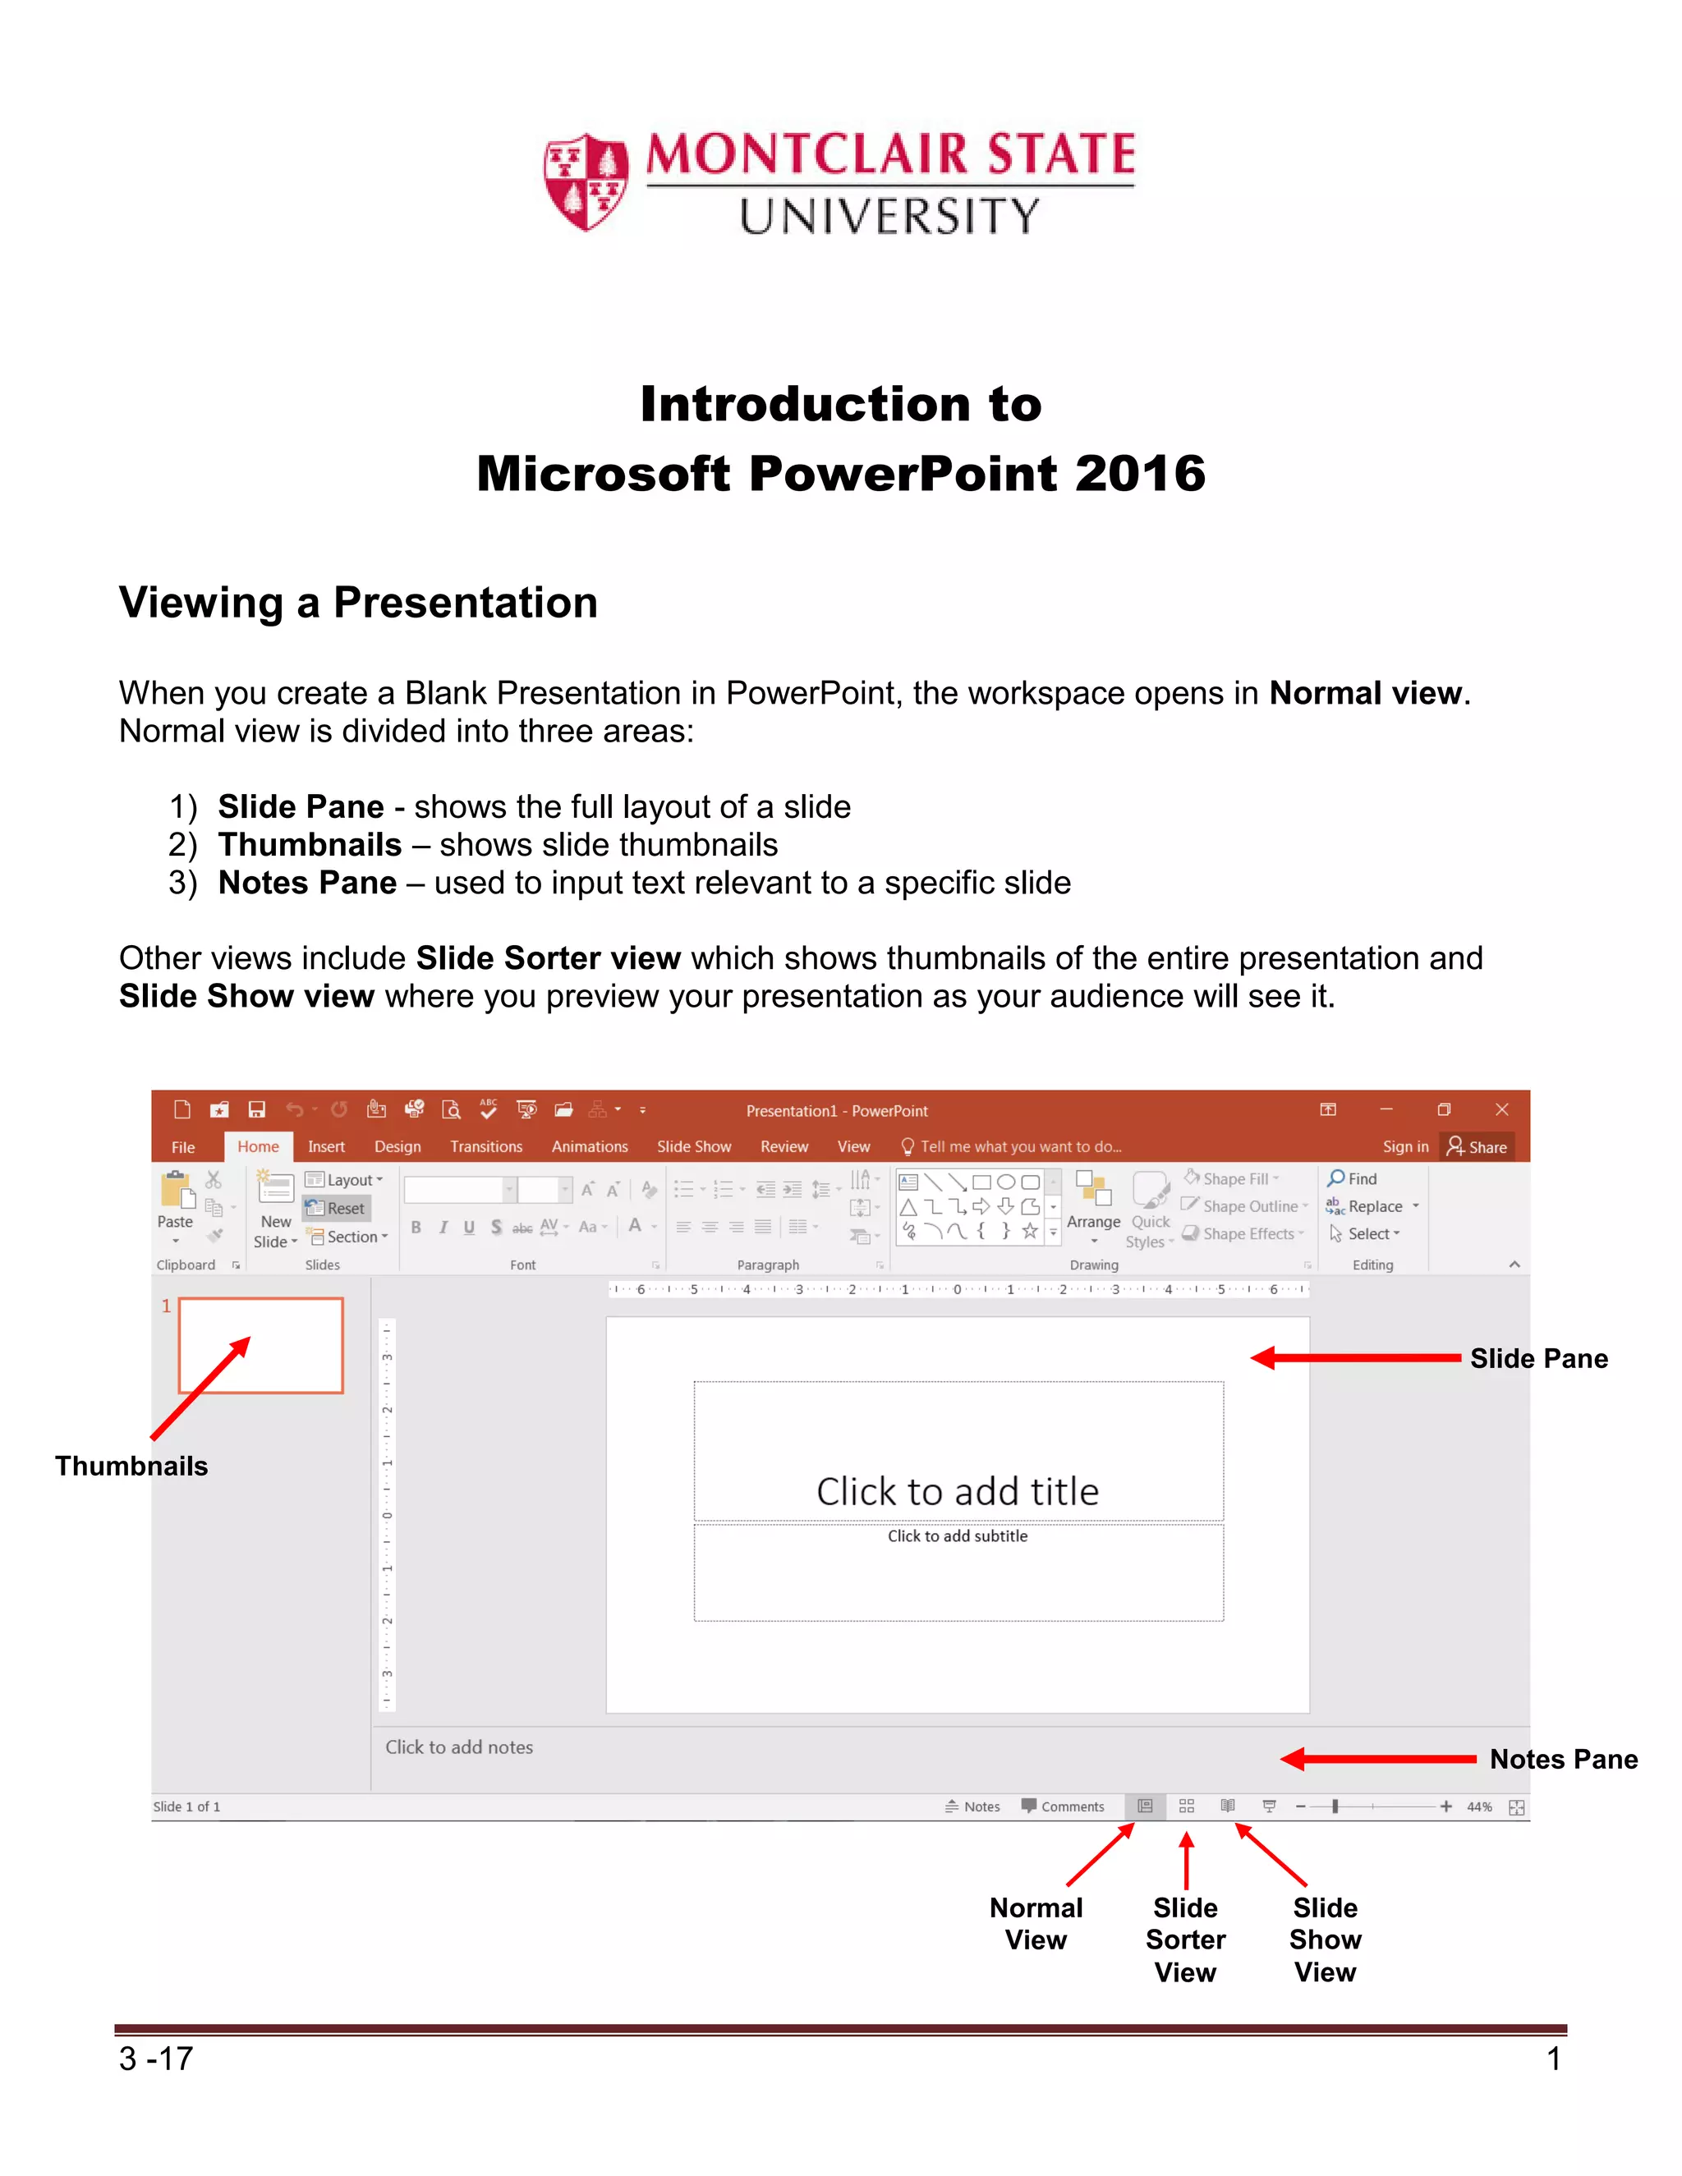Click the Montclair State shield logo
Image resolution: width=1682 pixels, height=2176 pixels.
pyautogui.click(x=586, y=182)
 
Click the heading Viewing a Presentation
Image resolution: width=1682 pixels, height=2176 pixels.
pyautogui.click(x=358, y=603)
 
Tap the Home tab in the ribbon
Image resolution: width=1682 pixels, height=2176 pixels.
pyautogui.click(x=258, y=1147)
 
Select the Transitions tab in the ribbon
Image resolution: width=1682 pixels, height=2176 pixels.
pyautogui.click(x=485, y=1147)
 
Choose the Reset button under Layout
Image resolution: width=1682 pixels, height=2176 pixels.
pyautogui.click(x=337, y=1209)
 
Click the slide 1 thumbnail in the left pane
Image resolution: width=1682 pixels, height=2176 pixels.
pyautogui.click(x=261, y=1345)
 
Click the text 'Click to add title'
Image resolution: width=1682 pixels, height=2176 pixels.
pyautogui.click(x=958, y=1491)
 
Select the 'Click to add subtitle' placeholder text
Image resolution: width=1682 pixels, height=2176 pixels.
pyautogui.click(x=958, y=1536)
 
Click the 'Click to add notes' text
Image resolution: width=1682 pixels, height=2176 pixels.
pyautogui.click(x=459, y=1747)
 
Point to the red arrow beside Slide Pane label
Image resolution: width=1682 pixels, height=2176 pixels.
pyautogui.click(x=1355, y=1358)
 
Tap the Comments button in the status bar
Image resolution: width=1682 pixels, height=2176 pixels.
pyautogui.click(x=1064, y=1806)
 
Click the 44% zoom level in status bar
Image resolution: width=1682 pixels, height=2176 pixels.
pyautogui.click(x=1478, y=1806)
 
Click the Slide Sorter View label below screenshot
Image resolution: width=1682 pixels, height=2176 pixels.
pyautogui.click(x=1185, y=1940)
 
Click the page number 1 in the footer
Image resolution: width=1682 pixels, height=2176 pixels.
pyautogui.click(x=1552, y=2059)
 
